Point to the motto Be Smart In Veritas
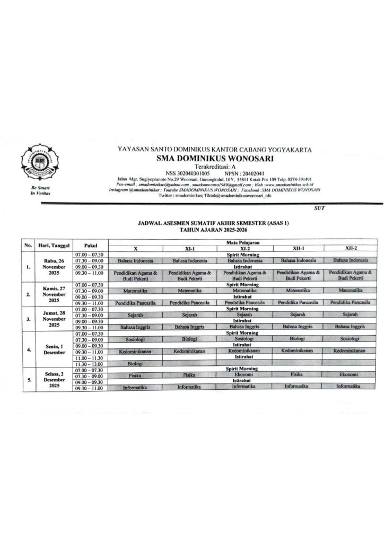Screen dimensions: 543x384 pyautogui.click(x=36, y=191)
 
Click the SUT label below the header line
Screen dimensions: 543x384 pyautogui.click(x=320, y=208)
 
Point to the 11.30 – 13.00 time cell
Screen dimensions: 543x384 pyautogui.click(x=90, y=363)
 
